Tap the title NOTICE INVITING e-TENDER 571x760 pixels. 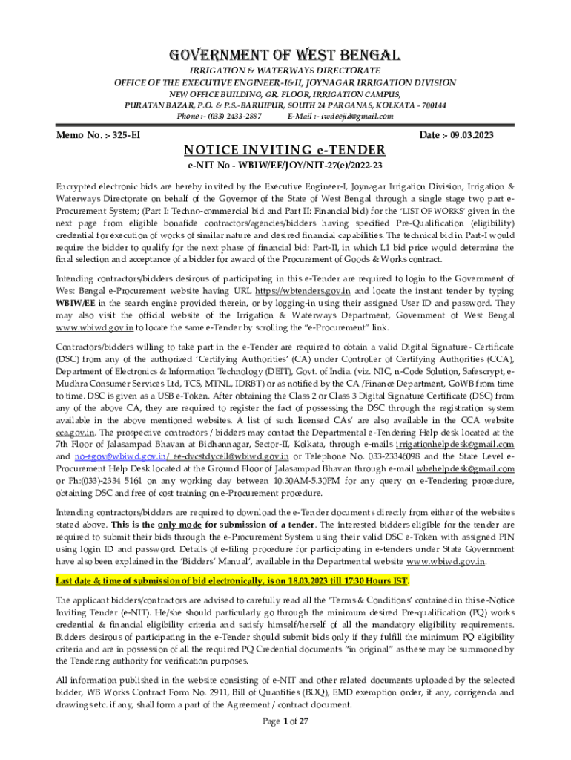pyautogui.click(x=285, y=150)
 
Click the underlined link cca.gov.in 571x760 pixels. pyautogui.click(x=75, y=431)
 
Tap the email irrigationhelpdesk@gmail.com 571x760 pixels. pyautogui.click(x=460, y=445)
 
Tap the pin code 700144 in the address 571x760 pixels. pyautogui.click(x=430, y=105)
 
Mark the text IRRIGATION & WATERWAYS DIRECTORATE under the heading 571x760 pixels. pyautogui.click(x=286, y=70)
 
